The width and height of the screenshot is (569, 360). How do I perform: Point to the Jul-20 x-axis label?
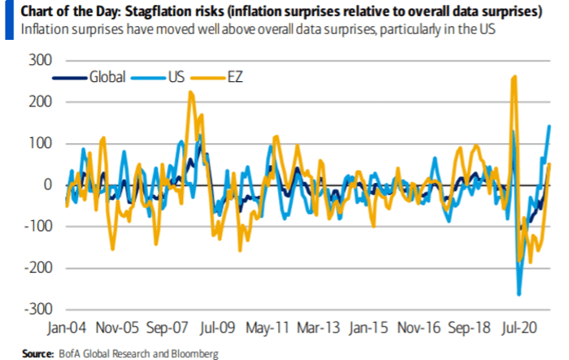529,331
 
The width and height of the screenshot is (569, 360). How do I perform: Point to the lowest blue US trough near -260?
519,294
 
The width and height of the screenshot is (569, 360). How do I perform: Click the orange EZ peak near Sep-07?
190,93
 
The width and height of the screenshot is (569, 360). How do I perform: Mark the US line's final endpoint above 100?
549,125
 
